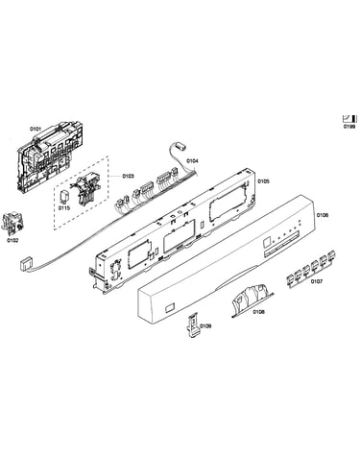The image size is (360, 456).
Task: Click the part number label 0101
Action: (36, 129)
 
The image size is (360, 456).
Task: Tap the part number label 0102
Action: (12, 240)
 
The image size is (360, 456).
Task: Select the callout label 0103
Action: (128, 176)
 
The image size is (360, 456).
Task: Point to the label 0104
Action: (192, 161)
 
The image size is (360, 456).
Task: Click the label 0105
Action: (264, 181)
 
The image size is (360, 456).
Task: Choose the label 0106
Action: (323, 215)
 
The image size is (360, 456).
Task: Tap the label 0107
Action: (317, 281)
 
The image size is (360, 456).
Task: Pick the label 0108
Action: (258, 312)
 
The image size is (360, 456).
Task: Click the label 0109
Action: (205, 326)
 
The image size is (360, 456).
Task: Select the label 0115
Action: (63, 208)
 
